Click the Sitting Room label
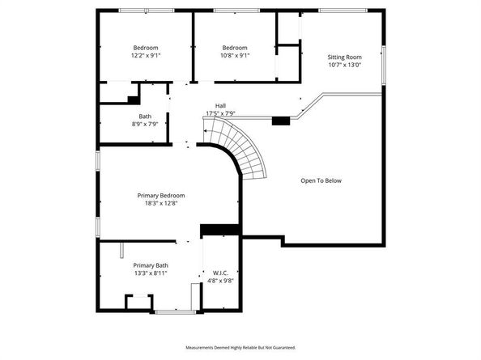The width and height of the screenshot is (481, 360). pos(344,57)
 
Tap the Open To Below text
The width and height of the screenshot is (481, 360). pos(321,180)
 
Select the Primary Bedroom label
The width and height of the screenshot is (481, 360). pos(161,196)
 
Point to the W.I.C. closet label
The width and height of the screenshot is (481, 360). pos(220,273)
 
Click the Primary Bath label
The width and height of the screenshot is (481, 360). pos(151,265)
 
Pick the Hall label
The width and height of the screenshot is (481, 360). pos(220,106)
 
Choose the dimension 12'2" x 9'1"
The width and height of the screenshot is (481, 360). pos(146,56)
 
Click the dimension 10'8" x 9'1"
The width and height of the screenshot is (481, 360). pos(235,56)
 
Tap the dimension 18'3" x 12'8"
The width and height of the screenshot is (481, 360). pos(161,203)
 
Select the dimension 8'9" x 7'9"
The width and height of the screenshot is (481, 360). pos(145,124)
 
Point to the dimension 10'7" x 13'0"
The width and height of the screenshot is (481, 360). pos(345,65)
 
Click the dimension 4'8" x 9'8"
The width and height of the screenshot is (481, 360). pos(220,281)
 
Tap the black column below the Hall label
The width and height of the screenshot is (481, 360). pos(281,121)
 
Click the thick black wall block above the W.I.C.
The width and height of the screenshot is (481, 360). pos(219,230)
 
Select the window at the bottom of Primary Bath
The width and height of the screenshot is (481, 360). pos(176,312)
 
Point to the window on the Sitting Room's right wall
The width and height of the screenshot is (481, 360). pos(384,65)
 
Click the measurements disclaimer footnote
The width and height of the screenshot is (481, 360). pos(240,348)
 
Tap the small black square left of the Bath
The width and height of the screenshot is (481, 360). pos(133,100)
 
